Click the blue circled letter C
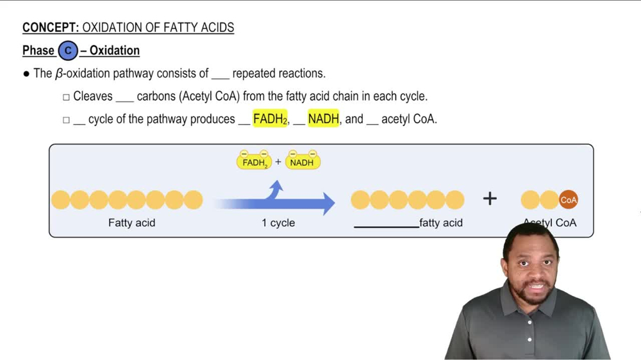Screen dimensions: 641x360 click(67, 51)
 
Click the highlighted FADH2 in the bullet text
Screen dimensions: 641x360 click(270, 119)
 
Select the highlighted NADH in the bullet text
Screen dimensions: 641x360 click(323, 119)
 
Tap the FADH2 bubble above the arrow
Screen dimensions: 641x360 click(254, 162)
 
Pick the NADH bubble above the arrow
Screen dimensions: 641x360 click(302, 162)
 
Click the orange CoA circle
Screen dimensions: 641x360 click(569, 200)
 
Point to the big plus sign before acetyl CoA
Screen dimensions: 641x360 click(490, 199)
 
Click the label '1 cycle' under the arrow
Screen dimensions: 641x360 click(278, 223)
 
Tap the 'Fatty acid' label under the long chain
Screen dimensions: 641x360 click(131, 223)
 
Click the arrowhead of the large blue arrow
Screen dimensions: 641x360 click(328, 203)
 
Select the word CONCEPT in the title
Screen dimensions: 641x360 click(49, 28)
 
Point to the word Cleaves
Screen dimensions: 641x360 click(93, 97)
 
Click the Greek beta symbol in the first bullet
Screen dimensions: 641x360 click(59, 74)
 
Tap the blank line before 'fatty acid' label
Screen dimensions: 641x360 click(385, 225)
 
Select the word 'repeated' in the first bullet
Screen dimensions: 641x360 click(254, 74)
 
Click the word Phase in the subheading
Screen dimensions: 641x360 click(38, 51)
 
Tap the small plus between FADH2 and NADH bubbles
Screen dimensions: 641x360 click(278, 162)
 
